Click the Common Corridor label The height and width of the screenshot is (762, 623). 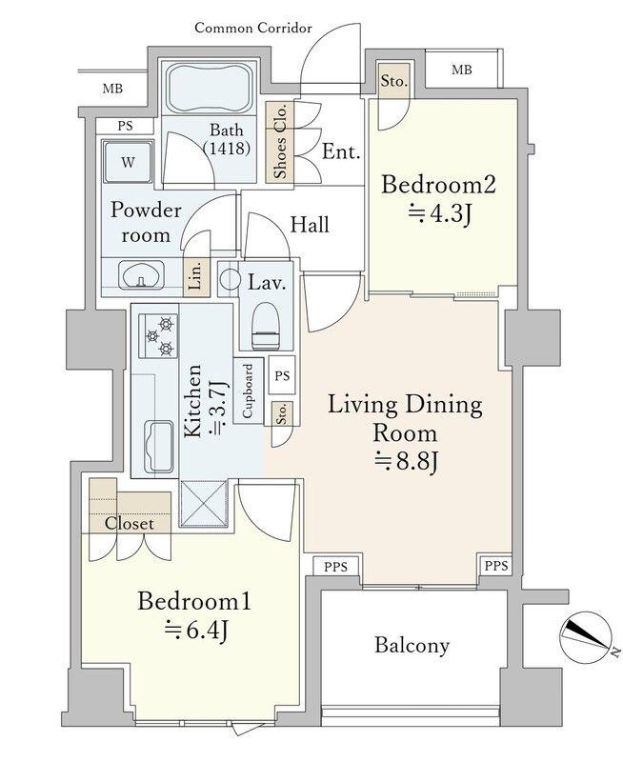[253, 29]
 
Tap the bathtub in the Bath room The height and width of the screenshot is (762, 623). [210, 89]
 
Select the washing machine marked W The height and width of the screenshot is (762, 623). [128, 162]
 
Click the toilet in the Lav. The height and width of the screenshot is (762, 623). [267, 325]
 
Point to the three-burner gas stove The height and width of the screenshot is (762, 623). [158, 336]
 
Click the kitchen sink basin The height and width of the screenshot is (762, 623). [159, 446]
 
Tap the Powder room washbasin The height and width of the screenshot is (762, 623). [142, 275]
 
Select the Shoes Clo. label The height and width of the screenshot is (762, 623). [280, 142]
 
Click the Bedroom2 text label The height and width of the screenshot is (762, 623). [438, 185]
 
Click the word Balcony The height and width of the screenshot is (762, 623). [412, 646]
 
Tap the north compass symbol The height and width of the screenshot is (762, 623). [586, 635]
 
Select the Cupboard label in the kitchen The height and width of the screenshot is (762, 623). [248, 391]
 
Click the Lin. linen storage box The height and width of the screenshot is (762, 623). [196, 277]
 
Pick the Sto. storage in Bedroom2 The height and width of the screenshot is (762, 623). [392, 81]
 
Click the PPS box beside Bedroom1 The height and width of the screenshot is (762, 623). [336, 566]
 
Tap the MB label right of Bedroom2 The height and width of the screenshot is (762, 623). [462, 70]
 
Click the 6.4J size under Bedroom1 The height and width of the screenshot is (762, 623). [196, 632]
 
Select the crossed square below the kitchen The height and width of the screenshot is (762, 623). [204, 504]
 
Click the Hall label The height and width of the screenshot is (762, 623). [310, 225]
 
